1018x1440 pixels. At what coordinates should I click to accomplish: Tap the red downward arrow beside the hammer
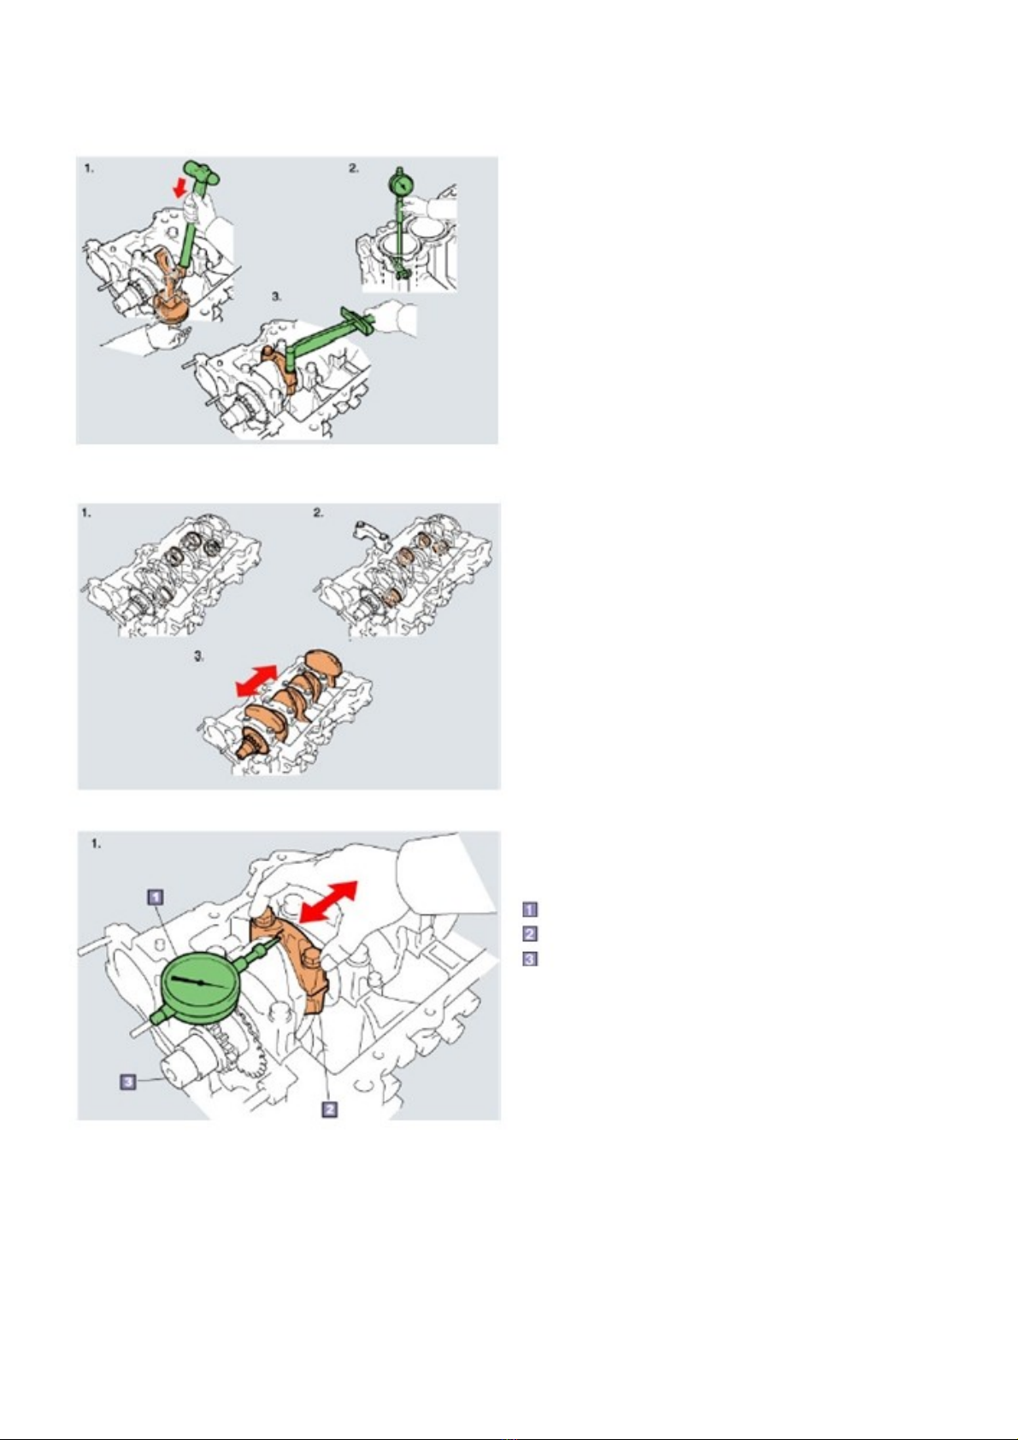181,188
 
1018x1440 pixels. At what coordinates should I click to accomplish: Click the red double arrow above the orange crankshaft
256,681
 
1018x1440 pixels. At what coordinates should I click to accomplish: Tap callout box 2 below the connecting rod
329,1108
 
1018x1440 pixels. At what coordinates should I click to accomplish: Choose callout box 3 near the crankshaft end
128,1082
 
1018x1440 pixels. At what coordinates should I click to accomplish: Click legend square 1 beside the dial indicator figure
530,909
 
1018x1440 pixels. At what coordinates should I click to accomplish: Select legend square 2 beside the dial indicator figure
530,933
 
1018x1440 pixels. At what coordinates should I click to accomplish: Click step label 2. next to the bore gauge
354,168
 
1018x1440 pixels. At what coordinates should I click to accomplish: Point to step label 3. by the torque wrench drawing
276,297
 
